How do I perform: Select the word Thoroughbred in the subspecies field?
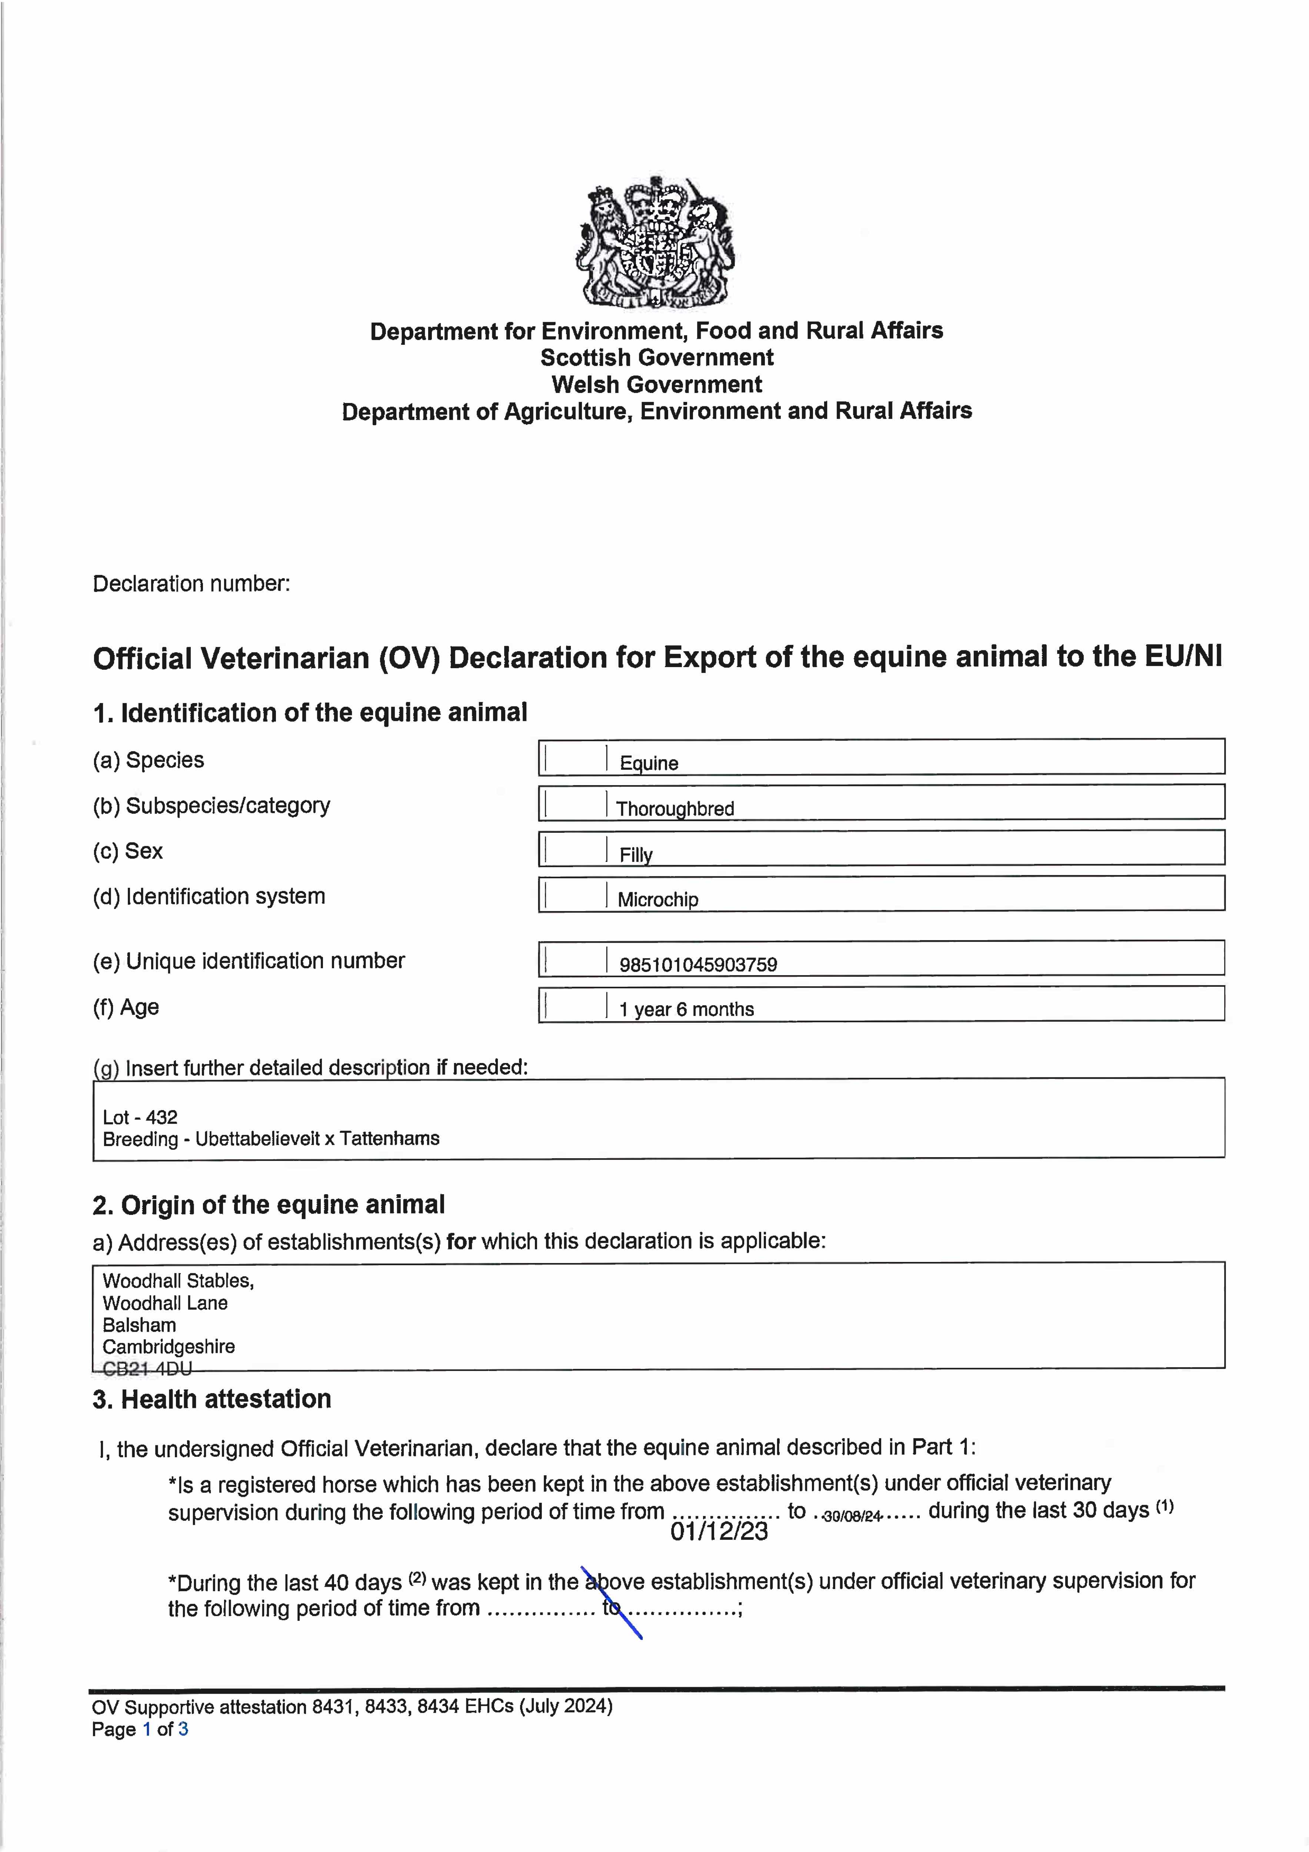coord(675,809)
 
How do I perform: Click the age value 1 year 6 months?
coord(686,1010)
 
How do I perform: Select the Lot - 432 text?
coord(140,1117)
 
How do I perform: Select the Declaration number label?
coord(191,584)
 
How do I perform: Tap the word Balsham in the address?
coord(140,1325)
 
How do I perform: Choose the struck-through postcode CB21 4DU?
coord(147,1369)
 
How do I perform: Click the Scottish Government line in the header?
coord(656,357)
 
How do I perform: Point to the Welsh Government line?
coord(656,385)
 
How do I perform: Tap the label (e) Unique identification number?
coord(249,961)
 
